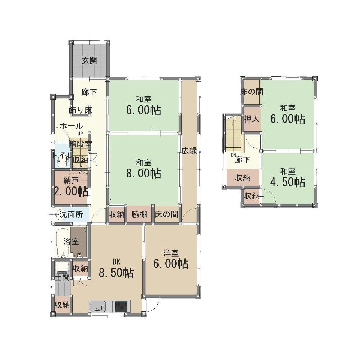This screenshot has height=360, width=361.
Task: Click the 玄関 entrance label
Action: [x=89, y=60]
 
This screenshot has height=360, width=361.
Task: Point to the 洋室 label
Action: [x=171, y=253]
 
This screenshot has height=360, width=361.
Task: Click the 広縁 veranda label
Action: [x=189, y=151]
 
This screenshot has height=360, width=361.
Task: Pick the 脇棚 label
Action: [x=139, y=214]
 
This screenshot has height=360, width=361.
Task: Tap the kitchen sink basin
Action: [x=98, y=306]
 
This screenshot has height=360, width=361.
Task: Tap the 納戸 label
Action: [x=71, y=181]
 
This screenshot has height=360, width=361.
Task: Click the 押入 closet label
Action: [x=252, y=119]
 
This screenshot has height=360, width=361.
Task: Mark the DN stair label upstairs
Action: [x=233, y=155]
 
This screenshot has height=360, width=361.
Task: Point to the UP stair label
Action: [x=80, y=133]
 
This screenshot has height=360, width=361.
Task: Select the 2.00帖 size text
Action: [x=71, y=191]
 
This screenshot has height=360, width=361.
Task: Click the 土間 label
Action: [x=62, y=277]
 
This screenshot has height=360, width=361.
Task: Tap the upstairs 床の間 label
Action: [x=252, y=92]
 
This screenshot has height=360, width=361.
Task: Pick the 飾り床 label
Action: [x=80, y=110]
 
